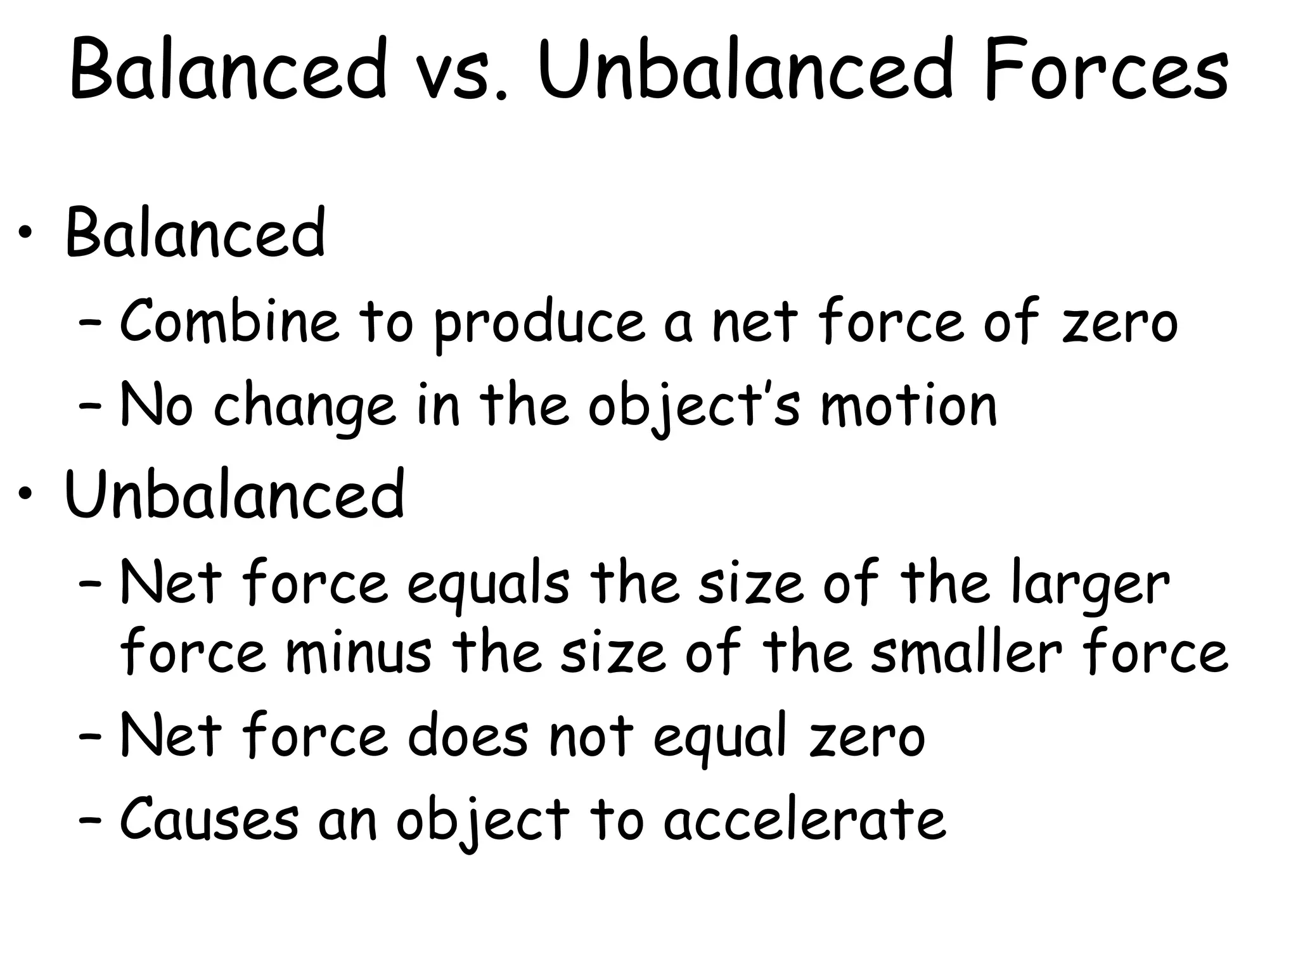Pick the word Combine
229,321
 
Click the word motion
909,405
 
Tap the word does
468,736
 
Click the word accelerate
805,818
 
